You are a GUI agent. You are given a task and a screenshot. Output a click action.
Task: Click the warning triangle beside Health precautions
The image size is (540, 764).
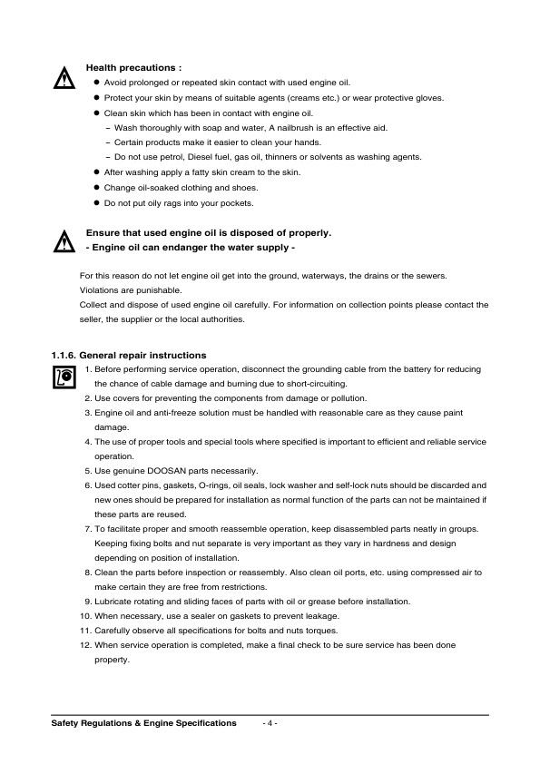pyautogui.click(x=64, y=78)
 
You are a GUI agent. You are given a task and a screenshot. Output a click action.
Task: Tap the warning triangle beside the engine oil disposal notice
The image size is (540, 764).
pyautogui.click(x=64, y=242)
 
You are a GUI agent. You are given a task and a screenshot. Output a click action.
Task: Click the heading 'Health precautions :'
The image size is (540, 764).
pyautogui.click(x=133, y=67)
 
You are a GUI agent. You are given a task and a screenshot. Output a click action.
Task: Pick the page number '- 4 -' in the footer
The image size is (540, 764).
pyautogui.click(x=270, y=723)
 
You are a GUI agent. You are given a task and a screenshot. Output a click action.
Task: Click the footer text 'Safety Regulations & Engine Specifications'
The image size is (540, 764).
pyautogui.click(x=143, y=723)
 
